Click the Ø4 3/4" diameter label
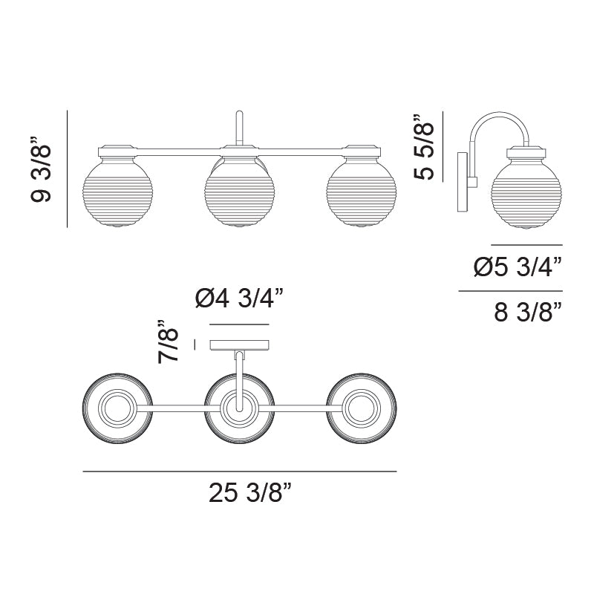[239, 300]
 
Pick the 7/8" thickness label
[170, 342]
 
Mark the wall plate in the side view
[462, 181]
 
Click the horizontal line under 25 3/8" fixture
[240, 471]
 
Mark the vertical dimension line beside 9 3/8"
[68, 169]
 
